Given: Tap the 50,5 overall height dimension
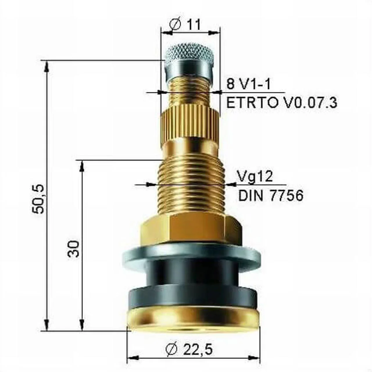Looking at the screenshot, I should (38, 199).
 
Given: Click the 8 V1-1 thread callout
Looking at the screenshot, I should (248, 84).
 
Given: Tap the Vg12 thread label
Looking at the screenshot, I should (255, 176).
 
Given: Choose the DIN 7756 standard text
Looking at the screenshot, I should (271, 196).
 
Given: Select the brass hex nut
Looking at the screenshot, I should (191, 230).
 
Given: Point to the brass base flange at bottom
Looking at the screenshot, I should (193, 317).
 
